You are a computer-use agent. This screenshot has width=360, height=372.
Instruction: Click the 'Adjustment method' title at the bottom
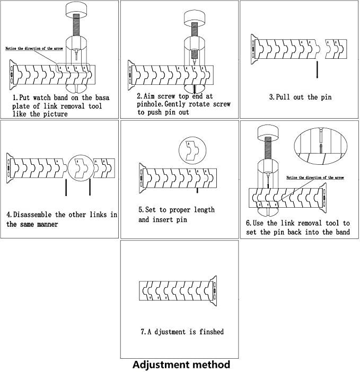(x=181, y=365)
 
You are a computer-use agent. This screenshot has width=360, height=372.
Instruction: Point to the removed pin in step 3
(x=317, y=69)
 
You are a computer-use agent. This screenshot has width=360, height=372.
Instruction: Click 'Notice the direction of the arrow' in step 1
(x=29, y=48)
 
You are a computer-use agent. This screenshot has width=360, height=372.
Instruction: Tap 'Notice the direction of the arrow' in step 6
(x=314, y=177)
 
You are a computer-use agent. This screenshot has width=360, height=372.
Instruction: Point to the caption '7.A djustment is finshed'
(x=182, y=332)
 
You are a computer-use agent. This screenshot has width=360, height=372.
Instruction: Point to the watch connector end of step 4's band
(x=10, y=165)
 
